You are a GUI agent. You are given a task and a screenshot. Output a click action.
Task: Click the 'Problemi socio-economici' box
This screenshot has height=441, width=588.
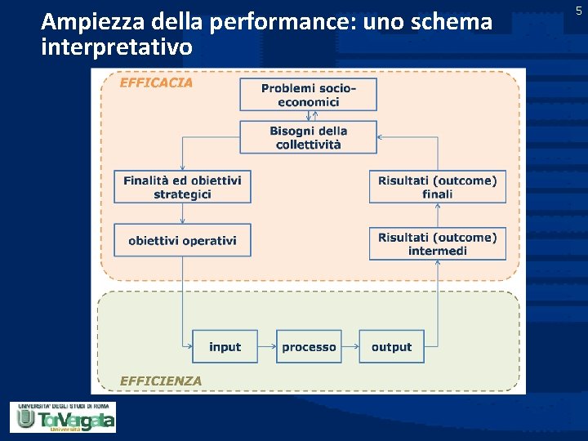click(308, 95)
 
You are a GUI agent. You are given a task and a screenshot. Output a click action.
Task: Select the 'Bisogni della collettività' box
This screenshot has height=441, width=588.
click(308, 137)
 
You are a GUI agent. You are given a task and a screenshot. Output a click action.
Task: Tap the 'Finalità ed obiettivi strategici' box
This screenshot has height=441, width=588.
click(182, 187)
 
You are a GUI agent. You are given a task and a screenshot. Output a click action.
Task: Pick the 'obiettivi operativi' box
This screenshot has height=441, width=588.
click(182, 241)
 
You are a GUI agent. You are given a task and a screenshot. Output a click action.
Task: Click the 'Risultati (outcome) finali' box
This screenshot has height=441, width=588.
click(437, 187)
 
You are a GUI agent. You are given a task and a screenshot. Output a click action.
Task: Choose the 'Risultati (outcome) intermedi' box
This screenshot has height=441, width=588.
click(437, 243)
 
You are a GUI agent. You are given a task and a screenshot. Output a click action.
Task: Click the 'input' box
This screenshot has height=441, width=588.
click(225, 347)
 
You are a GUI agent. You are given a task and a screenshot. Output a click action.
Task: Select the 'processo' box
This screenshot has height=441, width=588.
click(309, 347)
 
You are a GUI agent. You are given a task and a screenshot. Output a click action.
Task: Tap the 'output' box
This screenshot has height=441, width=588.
click(391, 347)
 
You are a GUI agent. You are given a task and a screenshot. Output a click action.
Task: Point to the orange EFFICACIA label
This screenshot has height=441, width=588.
click(157, 82)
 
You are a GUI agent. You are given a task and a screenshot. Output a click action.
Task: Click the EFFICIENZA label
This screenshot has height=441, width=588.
click(161, 381)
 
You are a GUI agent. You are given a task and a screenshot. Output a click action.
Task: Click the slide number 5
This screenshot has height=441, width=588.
click(578, 11)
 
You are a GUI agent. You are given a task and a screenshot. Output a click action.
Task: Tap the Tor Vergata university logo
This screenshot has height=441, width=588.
click(63, 416)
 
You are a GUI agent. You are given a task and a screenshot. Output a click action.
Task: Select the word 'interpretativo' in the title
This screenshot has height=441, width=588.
click(117, 47)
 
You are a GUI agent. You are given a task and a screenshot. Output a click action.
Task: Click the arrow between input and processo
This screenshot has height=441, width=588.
click(267, 347)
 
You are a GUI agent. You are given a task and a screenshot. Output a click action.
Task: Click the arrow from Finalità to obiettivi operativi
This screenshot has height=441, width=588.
click(182, 214)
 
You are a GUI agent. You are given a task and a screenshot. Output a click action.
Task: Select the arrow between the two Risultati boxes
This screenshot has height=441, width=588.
click(438, 215)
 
